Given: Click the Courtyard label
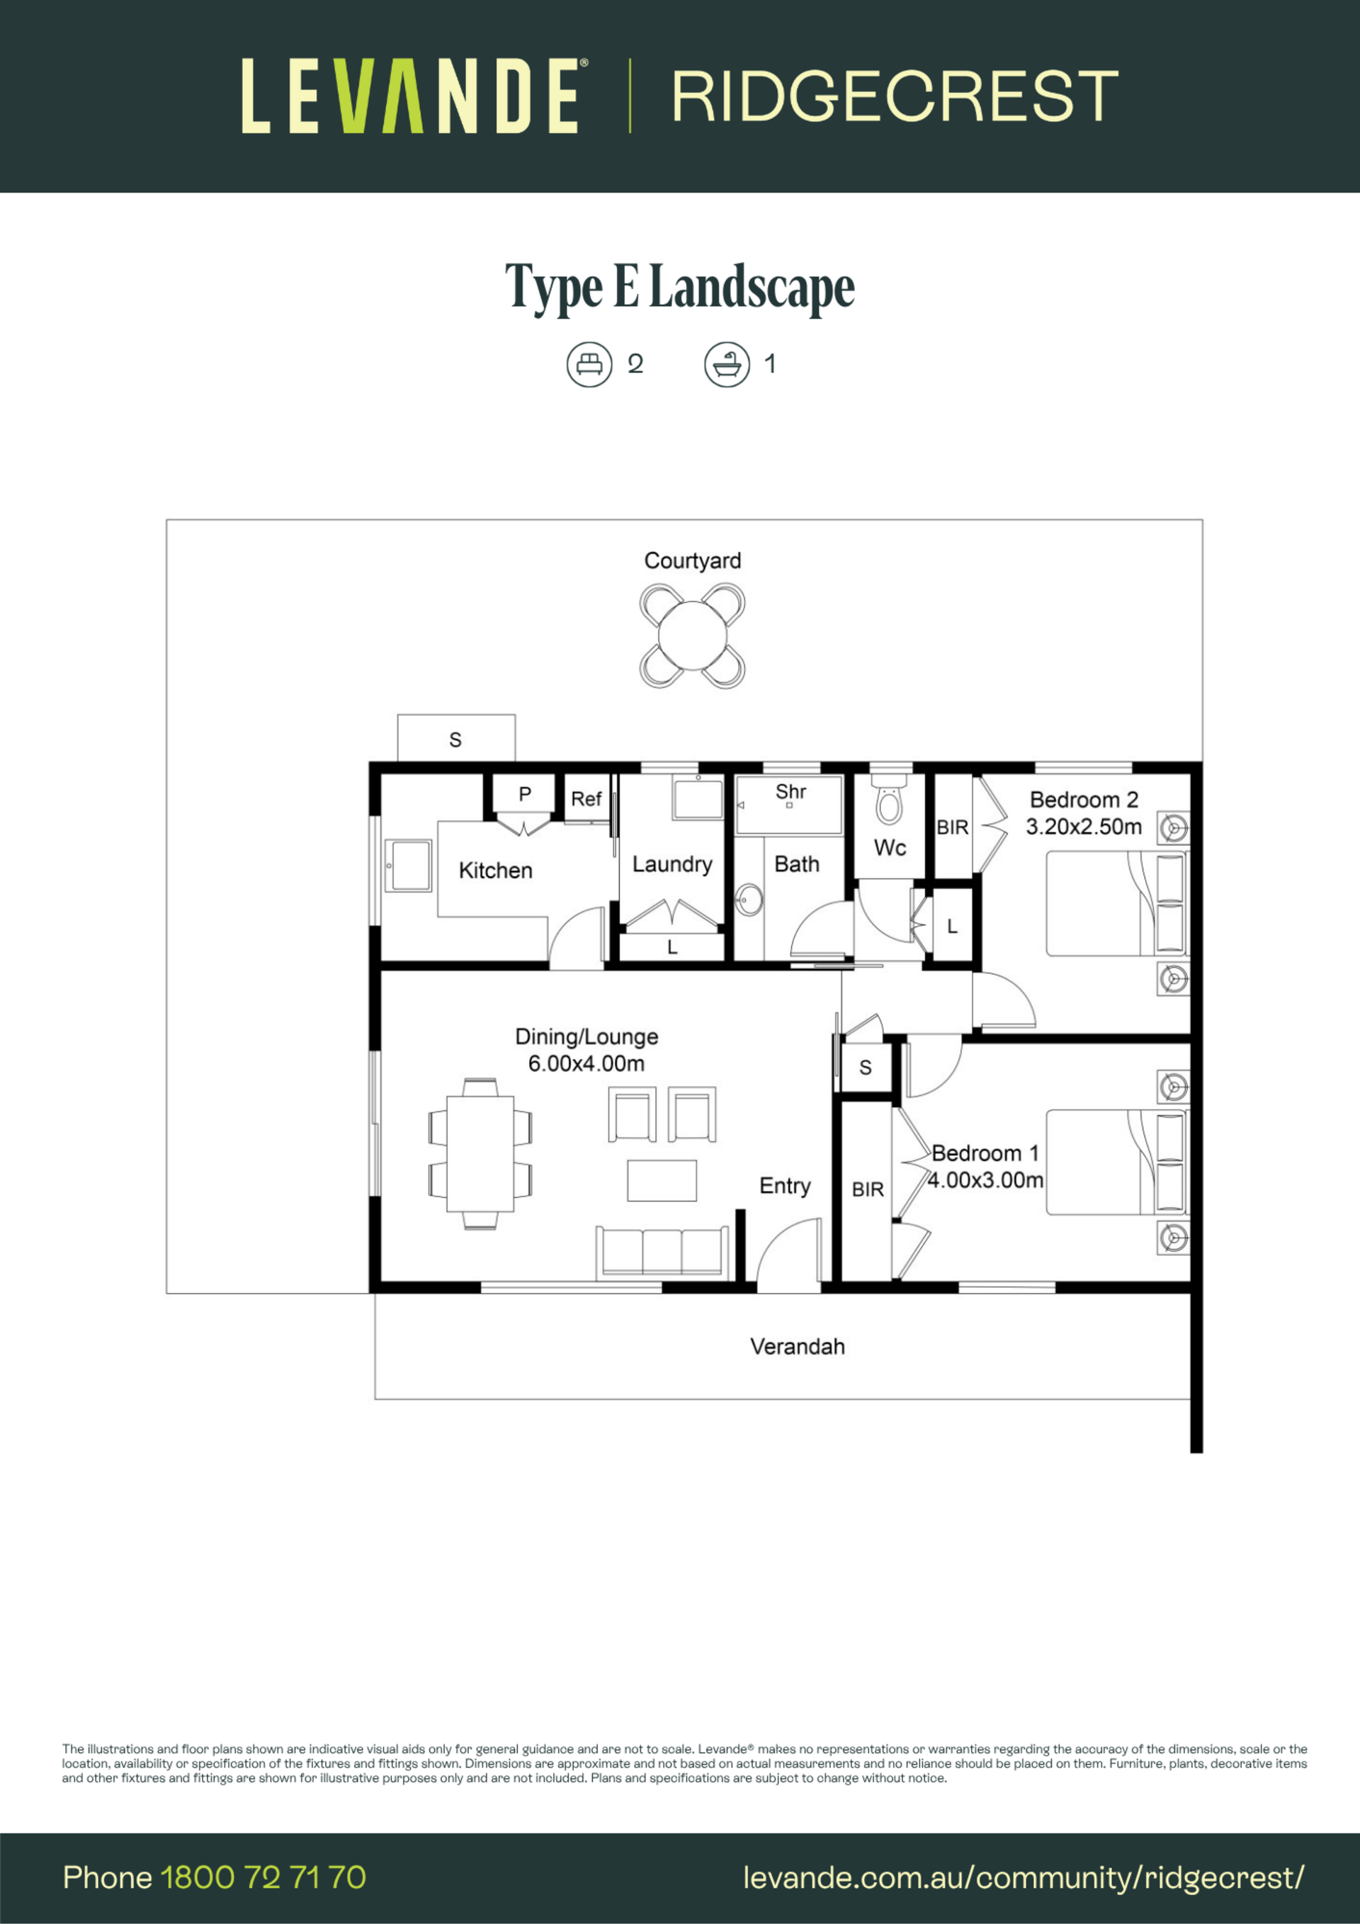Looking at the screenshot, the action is (692, 560).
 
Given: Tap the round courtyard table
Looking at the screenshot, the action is (692, 636).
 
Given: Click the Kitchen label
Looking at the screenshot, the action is (495, 871).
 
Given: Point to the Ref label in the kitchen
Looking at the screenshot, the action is (586, 798).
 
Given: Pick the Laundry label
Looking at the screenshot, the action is (672, 864).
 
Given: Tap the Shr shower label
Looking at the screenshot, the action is (790, 792).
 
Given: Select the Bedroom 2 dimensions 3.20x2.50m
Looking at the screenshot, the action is (1084, 826).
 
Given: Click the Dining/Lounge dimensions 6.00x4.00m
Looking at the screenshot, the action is (586, 1063).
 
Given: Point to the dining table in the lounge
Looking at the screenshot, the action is (480, 1154).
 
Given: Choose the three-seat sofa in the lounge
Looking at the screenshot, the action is (662, 1252).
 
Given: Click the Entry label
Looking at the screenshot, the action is (785, 1186).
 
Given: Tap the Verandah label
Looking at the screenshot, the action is (797, 1347).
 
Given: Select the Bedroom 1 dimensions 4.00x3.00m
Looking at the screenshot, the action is (985, 1180).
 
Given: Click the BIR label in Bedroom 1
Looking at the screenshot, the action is (867, 1189).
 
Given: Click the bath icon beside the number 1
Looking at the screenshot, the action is (727, 365).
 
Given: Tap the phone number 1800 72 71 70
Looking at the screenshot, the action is (263, 1877).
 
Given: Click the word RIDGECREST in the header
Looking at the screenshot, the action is (895, 96).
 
